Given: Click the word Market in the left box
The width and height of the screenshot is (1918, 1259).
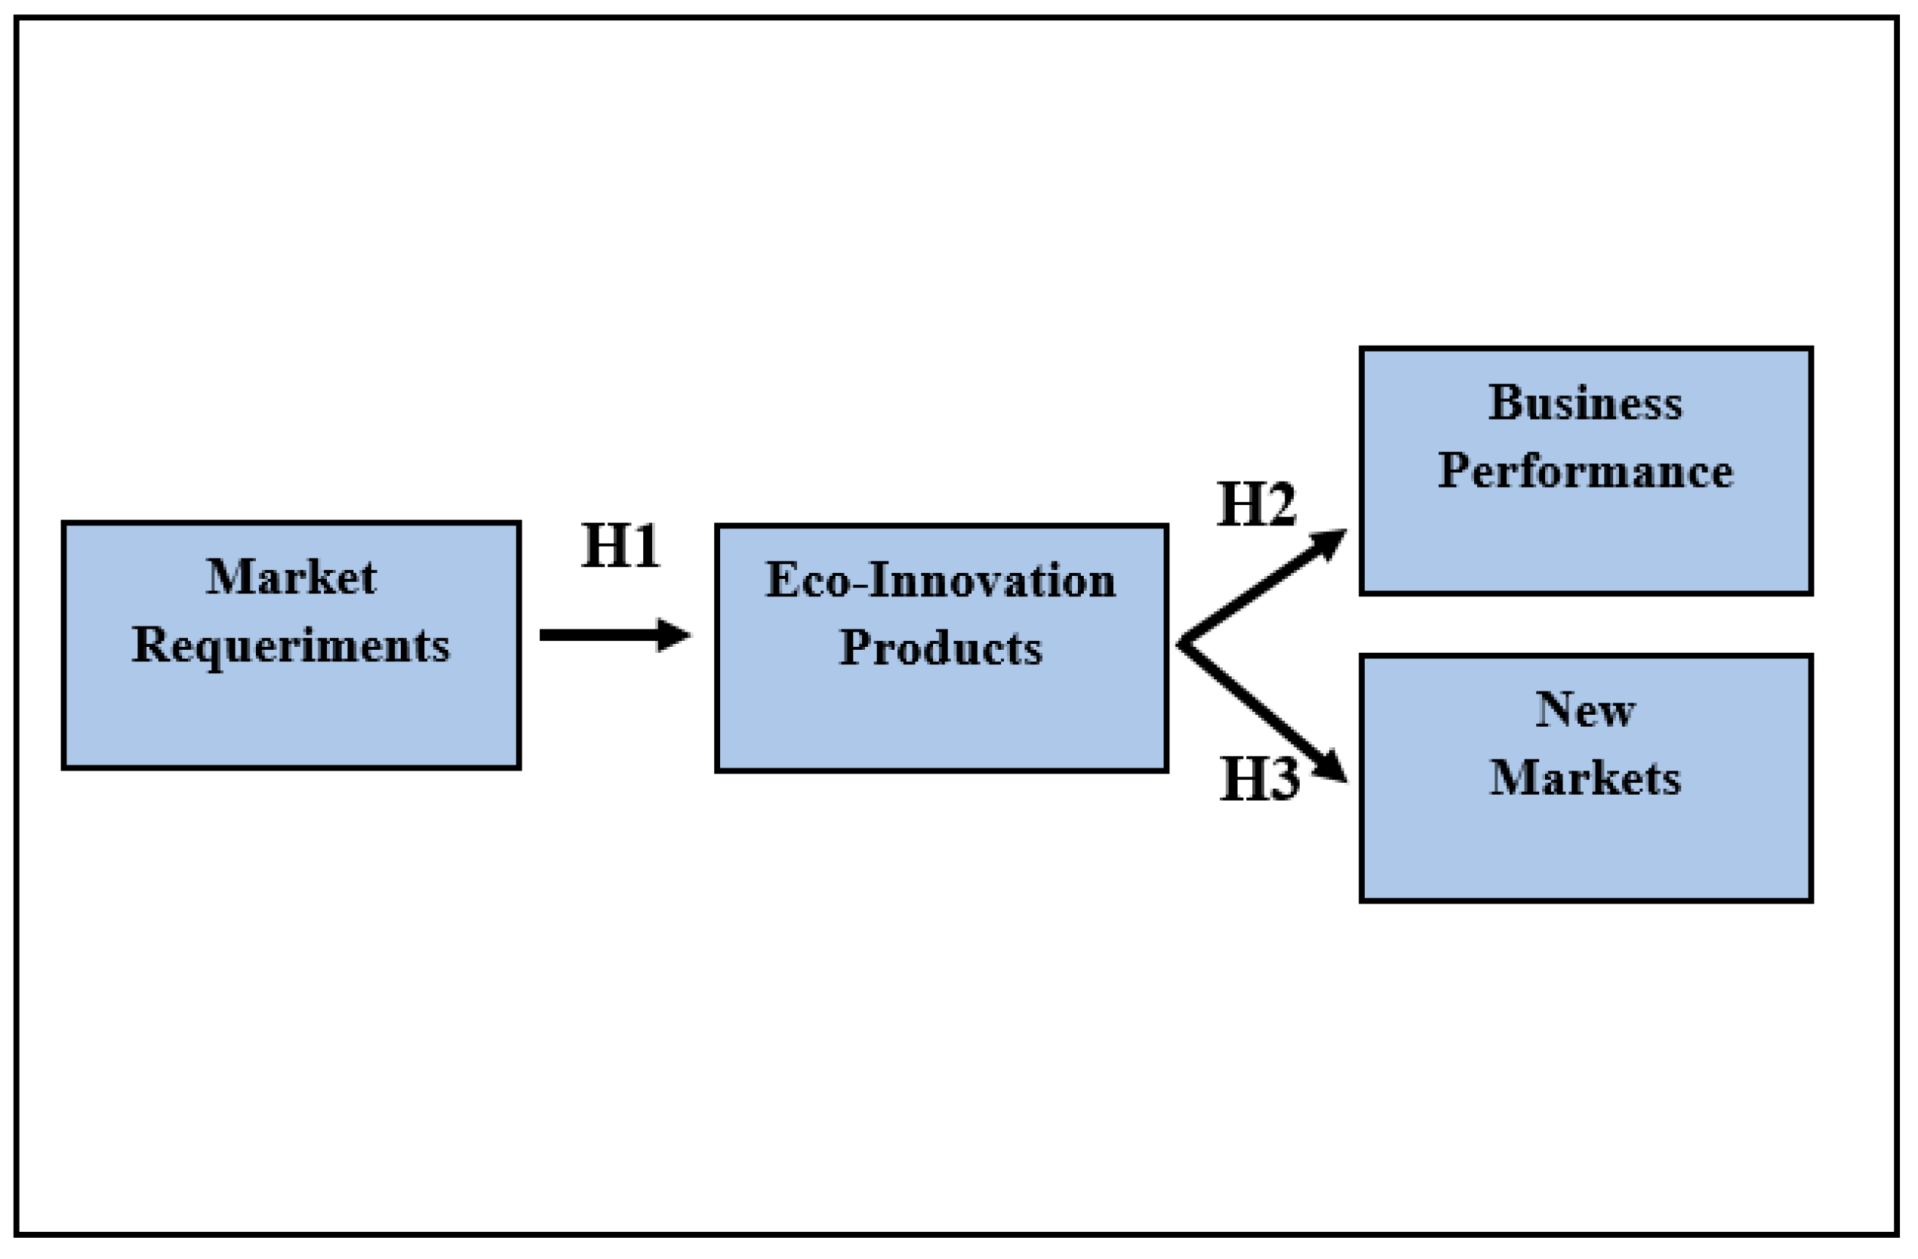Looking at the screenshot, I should (291, 577).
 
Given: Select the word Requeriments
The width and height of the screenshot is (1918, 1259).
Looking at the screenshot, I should (291, 646).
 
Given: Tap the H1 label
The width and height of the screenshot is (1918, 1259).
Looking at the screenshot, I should (620, 546).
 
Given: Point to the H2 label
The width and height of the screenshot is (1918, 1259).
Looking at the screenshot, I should (1255, 504).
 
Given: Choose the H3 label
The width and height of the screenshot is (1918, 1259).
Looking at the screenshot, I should (1259, 779).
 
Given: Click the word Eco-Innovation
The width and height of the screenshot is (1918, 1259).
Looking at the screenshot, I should (941, 580).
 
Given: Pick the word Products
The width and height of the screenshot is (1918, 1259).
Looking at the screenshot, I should (941, 648).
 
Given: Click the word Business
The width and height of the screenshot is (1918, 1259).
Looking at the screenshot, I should (1585, 403).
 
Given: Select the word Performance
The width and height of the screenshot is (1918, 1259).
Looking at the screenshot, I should (1585, 472).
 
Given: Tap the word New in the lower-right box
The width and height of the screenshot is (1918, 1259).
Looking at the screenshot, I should (1585, 710).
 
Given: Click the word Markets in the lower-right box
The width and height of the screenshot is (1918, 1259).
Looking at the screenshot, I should (1585, 779).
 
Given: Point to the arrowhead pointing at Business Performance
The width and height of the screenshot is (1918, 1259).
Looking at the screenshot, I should (1330, 543).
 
